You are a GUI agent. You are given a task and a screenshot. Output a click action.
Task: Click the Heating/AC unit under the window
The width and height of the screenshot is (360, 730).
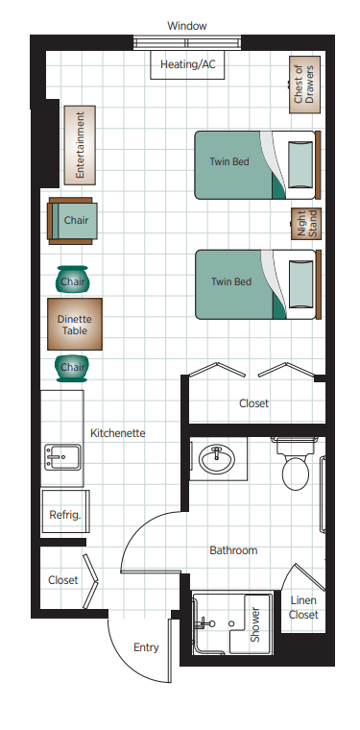click(x=187, y=64)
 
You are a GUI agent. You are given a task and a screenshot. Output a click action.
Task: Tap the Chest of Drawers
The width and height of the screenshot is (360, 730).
click(x=304, y=85)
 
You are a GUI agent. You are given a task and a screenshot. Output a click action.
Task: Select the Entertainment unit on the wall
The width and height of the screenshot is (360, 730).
click(x=80, y=145)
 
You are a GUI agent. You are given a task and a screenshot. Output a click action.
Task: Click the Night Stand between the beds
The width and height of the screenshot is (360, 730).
click(x=306, y=224)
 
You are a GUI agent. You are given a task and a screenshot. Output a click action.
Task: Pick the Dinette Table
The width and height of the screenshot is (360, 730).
click(x=75, y=324)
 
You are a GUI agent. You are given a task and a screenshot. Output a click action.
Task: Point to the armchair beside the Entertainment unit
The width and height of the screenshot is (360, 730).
click(x=73, y=221)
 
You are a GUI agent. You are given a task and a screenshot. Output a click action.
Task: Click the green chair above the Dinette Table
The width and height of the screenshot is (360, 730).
click(x=73, y=280)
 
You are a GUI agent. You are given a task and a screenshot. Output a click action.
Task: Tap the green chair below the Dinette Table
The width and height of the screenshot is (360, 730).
click(x=73, y=369)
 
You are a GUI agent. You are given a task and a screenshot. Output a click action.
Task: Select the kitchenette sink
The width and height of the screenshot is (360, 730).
click(x=62, y=456)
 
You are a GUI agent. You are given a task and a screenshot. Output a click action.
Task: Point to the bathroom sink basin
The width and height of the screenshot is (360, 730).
click(x=217, y=458)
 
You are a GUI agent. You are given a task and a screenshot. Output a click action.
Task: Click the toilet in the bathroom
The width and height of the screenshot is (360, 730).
click(x=296, y=465)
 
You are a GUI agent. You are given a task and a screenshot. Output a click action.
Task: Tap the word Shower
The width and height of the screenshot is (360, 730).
click(x=255, y=624)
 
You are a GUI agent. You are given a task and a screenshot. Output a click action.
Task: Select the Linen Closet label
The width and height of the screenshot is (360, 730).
click(x=303, y=608)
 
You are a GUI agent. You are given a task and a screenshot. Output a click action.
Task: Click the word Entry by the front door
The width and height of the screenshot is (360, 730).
click(x=146, y=647)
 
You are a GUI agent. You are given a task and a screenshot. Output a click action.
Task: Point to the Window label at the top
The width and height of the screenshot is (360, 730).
click(x=187, y=26)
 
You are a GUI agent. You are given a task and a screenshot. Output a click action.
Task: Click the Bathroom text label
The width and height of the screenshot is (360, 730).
click(x=233, y=550)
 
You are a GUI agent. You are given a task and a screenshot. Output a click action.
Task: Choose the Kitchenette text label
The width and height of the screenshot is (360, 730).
click(x=118, y=433)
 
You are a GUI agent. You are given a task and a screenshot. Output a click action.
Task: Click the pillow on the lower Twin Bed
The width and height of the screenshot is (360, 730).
click(x=299, y=284)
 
